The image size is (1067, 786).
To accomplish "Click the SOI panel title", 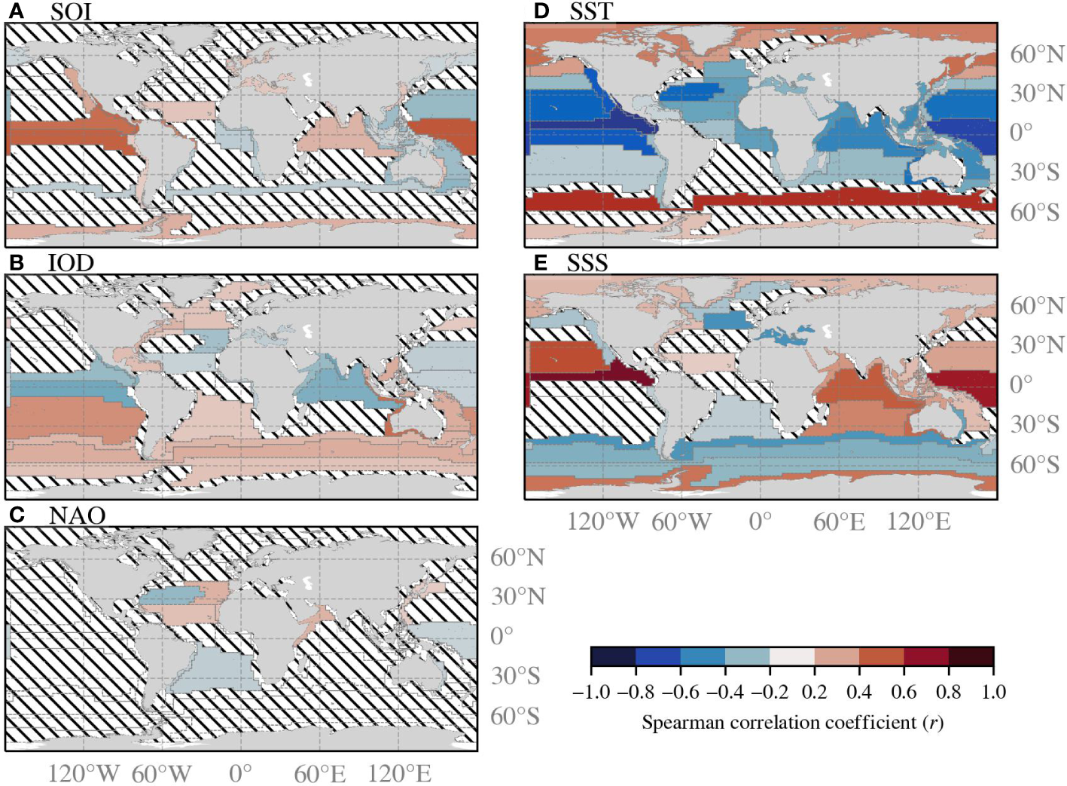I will pos(71,12).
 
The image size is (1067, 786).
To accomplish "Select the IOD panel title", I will pos(71,263).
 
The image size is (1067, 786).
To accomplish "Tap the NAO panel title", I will pos(77,515).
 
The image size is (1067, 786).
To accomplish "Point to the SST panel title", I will pos(591,11).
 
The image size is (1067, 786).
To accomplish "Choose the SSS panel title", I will pos(587,263).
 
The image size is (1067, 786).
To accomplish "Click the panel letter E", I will pos(539,263).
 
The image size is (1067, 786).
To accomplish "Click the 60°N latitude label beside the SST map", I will pos(1038,54).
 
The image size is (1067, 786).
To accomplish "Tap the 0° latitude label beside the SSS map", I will pos(1021,384).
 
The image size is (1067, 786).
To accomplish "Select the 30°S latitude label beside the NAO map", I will pos(516,676).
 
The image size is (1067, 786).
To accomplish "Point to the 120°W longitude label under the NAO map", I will pos(84,774).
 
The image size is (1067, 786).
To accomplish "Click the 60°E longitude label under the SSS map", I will pos(839,521).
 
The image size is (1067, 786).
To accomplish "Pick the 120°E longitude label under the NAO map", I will pos(400,774).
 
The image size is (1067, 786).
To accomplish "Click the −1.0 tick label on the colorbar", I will pos(590,692).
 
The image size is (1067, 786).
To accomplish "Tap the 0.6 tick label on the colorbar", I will pos(904,692).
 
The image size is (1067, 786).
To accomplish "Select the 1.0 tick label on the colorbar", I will pos(993,692).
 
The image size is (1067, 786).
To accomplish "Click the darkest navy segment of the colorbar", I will pos(613,656).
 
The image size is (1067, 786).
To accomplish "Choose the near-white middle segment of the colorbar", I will pos(792,656).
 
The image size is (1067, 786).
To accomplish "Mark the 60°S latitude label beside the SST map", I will pos(1035,213).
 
